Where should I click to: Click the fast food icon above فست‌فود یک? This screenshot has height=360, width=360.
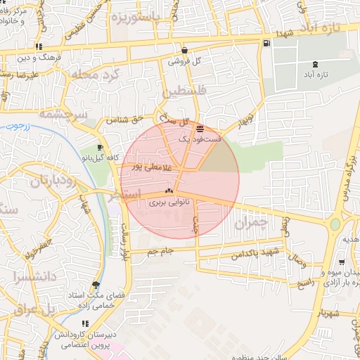200,129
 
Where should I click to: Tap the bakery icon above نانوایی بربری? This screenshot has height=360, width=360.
168,191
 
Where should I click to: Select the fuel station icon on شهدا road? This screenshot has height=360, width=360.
265,44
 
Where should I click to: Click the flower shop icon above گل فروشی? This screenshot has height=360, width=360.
184,50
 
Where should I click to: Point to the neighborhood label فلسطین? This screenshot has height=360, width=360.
185,91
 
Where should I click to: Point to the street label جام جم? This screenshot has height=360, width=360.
161,250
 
